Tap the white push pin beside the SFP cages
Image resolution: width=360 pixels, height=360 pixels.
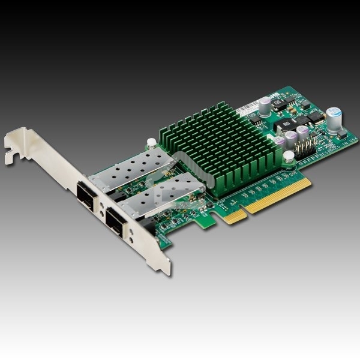152,143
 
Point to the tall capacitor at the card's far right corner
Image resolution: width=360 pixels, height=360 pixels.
335,120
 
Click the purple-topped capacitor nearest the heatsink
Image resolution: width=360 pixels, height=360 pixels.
280,143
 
